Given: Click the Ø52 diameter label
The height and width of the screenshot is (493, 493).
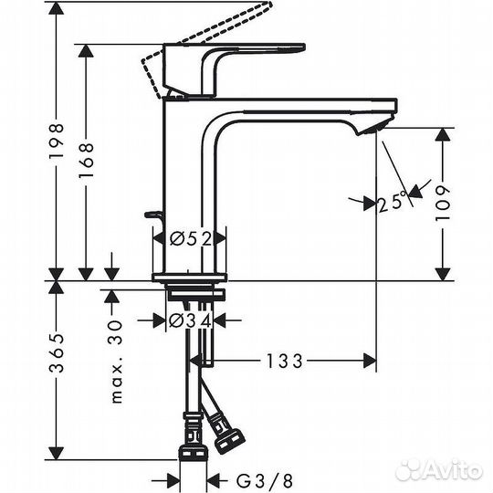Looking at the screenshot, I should [192, 240].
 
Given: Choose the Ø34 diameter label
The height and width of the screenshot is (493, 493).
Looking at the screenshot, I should [192, 320].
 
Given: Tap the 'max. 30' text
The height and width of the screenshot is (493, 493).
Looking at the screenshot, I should [117, 362].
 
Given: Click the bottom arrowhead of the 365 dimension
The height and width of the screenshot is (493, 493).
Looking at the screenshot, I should [57, 450].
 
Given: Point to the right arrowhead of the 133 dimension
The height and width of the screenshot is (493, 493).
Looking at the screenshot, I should [370, 361].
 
